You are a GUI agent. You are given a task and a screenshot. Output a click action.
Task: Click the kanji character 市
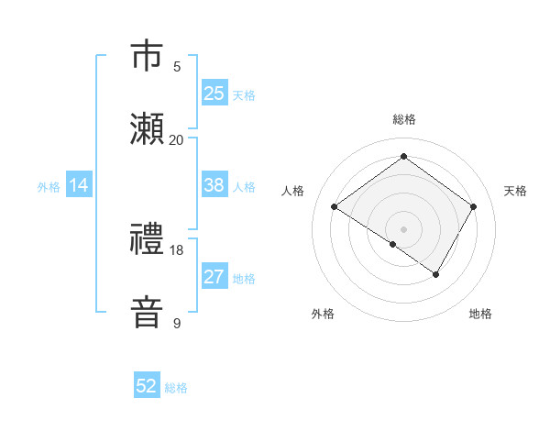pyautogui.click(x=147, y=56)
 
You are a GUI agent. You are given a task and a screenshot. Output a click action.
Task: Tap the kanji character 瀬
pyautogui.click(x=147, y=128)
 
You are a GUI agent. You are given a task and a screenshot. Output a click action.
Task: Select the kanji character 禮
pyautogui.click(x=147, y=239)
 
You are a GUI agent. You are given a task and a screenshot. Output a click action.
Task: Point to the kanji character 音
pyautogui.click(x=147, y=312)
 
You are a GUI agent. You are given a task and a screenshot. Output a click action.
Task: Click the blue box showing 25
pyautogui.click(x=214, y=93)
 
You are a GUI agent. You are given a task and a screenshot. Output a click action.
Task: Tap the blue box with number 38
pyautogui.click(x=214, y=185)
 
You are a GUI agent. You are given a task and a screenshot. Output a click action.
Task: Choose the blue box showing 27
pyautogui.click(x=214, y=278)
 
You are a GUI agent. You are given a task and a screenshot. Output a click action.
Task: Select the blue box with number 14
pyautogui.click(x=79, y=185)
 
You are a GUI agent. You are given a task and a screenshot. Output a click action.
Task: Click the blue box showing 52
pyautogui.click(x=147, y=386)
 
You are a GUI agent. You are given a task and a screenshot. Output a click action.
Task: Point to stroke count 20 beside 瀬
pyautogui.click(x=176, y=139)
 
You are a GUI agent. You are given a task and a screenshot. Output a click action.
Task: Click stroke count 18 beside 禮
pyautogui.click(x=176, y=249)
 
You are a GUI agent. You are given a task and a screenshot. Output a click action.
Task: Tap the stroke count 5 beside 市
pyautogui.click(x=177, y=66)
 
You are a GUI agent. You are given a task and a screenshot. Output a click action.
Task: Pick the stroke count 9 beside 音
pyautogui.click(x=177, y=323)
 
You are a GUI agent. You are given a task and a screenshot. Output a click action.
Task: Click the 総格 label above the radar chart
pyautogui.click(x=403, y=119)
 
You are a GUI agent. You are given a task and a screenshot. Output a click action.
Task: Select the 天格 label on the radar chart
pyautogui.click(x=515, y=191)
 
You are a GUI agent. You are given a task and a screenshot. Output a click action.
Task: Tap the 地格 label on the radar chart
pyautogui.click(x=480, y=314)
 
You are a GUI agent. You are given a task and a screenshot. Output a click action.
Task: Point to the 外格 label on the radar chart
pyautogui.click(x=323, y=314)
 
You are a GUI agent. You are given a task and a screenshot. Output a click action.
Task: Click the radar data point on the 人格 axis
pyautogui.click(x=335, y=207)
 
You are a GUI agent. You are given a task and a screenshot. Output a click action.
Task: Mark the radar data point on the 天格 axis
pyautogui.click(x=473, y=207)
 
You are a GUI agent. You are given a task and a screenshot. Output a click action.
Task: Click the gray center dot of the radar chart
pyautogui.click(x=403, y=228)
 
